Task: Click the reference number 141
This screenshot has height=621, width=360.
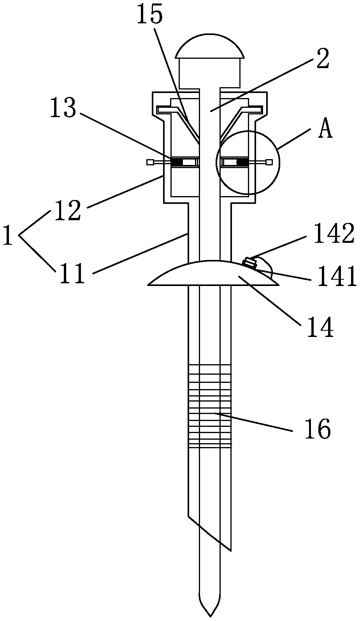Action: pyautogui.click(x=337, y=277)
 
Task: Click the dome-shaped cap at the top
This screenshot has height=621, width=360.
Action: pyautogui.click(x=210, y=47)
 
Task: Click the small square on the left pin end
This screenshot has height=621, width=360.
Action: pyautogui.click(x=149, y=162)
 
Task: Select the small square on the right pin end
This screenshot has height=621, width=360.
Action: pyautogui.click(x=269, y=162)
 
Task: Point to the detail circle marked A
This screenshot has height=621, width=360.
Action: pyautogui.click(x=248, y=162)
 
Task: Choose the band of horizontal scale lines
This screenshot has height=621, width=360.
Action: pyautogui.click(x=209, y=405)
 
